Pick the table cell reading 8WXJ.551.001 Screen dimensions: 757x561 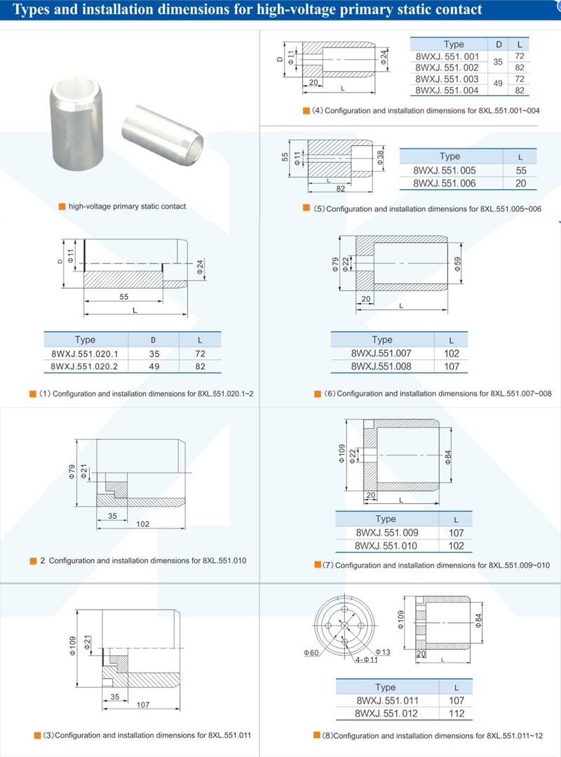tap(447, 55)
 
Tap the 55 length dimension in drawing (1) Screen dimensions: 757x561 tap(123, 297)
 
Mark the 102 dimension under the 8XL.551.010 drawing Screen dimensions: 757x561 tap(142, 523)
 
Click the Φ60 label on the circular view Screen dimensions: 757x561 tap(311, 653)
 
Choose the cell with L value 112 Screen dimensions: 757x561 tap(456, 714)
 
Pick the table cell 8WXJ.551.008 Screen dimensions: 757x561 tap(381, 366)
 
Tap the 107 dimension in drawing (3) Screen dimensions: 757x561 tap(142, 704)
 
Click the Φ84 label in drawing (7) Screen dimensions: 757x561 tap(447, 456)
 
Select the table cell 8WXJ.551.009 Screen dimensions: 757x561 tap(386, 532)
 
